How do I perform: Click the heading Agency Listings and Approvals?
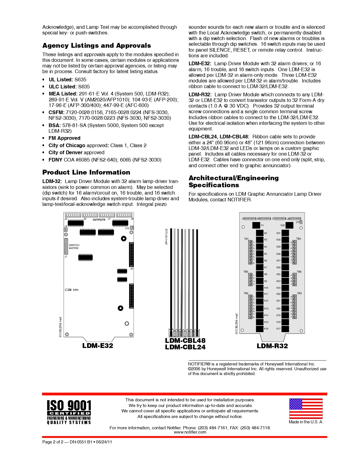pyautogui.click(x=97, y=46)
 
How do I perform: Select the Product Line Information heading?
pyautogui.click(x=86, y=172)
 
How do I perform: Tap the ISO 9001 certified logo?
pyautogui.click(x=69, y=412)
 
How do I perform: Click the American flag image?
pyautogui.click(x=306, y=408)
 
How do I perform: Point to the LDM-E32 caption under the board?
pyautogui.click(x=98, y=346)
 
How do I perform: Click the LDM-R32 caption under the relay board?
pyautogui.click(x=272, y=346)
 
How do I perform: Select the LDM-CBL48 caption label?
pyautogui.click(x=185, y=340)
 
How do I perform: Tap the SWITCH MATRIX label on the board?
pyautogui.click(x=74, y=247)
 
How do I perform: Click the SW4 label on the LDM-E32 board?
pyautogui.click(x=76, y=290)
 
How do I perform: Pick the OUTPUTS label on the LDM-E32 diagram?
pyautogui.click(x=99, y=220)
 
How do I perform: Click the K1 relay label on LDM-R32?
pyautogui.click(x=263, y=225)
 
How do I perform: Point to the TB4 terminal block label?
pyautogui.click(x=298, y=239)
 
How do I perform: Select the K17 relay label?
pyautogui.click(x=278, y=329)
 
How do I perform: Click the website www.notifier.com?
pyautogui.click(x=190, y=432)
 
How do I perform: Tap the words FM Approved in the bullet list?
pyautogui.click(x=64, y=138)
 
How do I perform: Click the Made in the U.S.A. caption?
pyautogui.click(x=306, y=422)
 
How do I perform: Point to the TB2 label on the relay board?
pyautogui.click(x=246, y=293)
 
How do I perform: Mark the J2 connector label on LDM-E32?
pyautogui.click(x=131, y=269)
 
